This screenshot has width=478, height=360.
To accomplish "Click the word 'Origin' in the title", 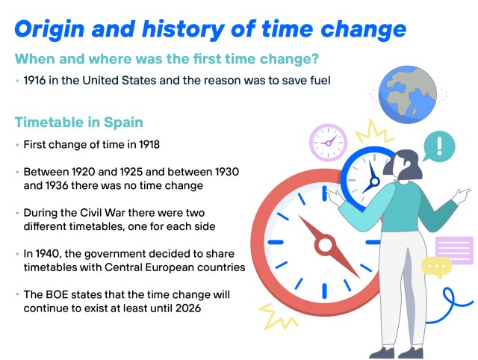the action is (49, 30).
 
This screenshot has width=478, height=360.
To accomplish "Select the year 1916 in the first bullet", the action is (34, 81).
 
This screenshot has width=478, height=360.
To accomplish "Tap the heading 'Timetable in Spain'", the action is (79, 122).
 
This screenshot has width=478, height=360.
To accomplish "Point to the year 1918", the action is (149, 144).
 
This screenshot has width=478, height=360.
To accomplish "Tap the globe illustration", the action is (408, 94).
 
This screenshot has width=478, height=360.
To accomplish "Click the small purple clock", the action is (329, 143).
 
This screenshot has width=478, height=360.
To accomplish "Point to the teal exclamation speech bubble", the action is (438, 146).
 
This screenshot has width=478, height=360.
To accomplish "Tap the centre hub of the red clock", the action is (325, 245).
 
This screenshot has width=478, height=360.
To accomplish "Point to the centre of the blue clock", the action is (375, 181).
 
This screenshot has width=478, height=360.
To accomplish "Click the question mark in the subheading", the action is (315, 58).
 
